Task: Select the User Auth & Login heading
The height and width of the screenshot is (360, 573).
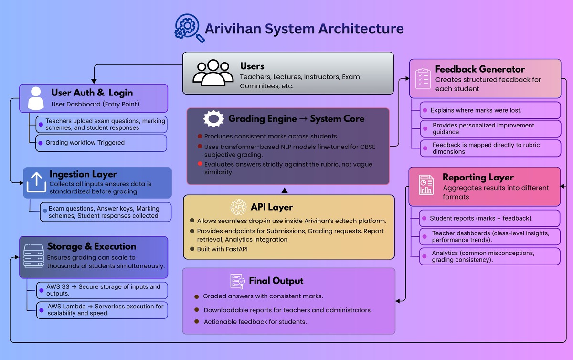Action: [92, 93]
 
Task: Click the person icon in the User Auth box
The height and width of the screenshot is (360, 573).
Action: [36, 98]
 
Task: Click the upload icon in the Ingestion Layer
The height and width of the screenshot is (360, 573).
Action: [36, 183]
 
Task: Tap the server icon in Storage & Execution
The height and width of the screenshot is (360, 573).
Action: [32, 256]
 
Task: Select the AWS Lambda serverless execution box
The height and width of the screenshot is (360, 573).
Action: [102, 310]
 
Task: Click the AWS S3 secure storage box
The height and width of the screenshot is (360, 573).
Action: [102, 290]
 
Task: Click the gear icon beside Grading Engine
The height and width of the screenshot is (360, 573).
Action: [213, 118]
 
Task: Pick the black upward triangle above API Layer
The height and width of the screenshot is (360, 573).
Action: [285, 191]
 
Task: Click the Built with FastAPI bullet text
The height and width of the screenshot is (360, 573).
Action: [223, 249]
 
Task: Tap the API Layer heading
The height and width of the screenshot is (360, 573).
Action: [271, 207]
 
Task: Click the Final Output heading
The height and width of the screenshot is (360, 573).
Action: [276, 281]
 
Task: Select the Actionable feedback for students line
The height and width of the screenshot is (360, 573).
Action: [255, 322]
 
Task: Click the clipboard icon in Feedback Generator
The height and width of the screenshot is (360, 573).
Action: [423, 78]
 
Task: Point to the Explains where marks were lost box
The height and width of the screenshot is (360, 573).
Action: [489, 110]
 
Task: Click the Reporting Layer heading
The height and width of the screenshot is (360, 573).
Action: [478, 178]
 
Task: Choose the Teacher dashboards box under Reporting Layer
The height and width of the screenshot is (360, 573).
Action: [489, 236]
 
